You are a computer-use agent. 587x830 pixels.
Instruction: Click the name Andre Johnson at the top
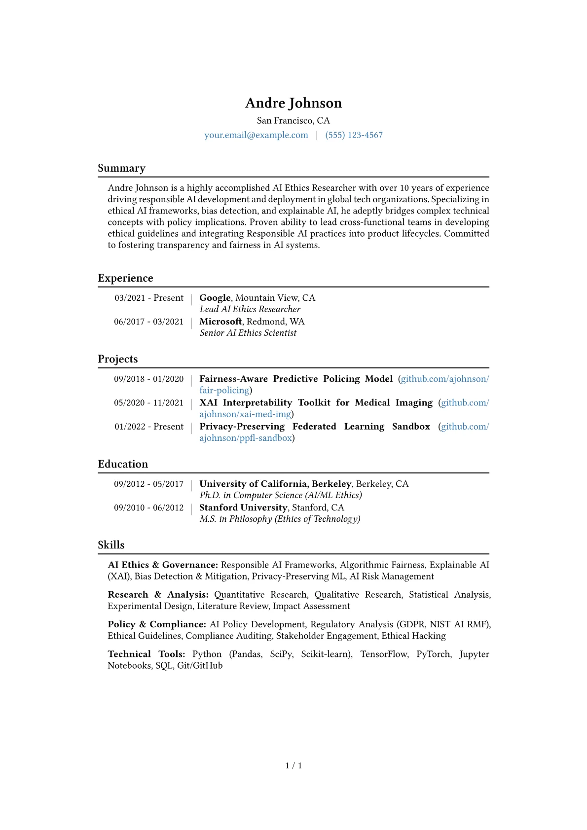[293, 103]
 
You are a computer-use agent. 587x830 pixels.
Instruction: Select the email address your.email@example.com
[256, 135]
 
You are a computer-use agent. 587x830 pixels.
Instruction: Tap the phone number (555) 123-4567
[354, 135]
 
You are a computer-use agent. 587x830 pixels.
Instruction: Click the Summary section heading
[121, 168]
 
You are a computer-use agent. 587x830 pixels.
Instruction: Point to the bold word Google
[215, 298]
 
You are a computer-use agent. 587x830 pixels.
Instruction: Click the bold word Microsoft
[220, 322]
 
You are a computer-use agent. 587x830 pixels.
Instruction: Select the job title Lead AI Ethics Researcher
[250, 309]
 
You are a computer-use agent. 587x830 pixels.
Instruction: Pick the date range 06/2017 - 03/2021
[148, 322]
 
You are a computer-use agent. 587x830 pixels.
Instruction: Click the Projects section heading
[118, 359]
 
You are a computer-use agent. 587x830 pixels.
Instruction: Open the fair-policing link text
[224, 390]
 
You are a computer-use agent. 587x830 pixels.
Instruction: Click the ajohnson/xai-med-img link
[245, 414]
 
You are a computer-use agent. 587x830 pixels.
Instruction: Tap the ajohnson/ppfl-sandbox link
[246, 438]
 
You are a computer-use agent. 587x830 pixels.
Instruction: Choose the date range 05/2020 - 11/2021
[148, 403]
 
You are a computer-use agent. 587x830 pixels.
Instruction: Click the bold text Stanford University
[243, 507]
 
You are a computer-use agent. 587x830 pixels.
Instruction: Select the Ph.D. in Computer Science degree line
[281, 495]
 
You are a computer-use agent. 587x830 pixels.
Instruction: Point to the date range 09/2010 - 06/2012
[148, 508]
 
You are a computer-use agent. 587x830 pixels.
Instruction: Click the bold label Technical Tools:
[147, 654]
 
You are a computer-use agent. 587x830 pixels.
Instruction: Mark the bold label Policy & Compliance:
[157, 624]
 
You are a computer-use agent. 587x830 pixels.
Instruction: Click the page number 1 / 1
[293, 765]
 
